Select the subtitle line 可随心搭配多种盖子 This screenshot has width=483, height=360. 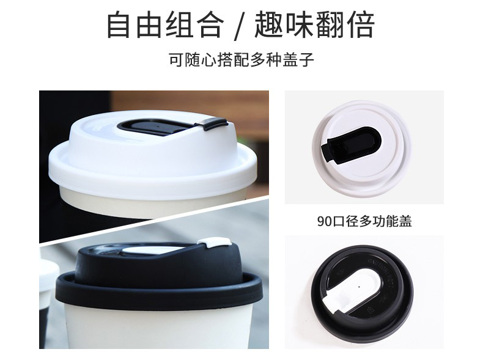[242, 61]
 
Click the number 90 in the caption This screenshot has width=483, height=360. [323, 221]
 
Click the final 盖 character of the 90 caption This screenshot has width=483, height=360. [405, 221]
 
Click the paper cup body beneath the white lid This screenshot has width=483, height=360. [153, 205]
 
